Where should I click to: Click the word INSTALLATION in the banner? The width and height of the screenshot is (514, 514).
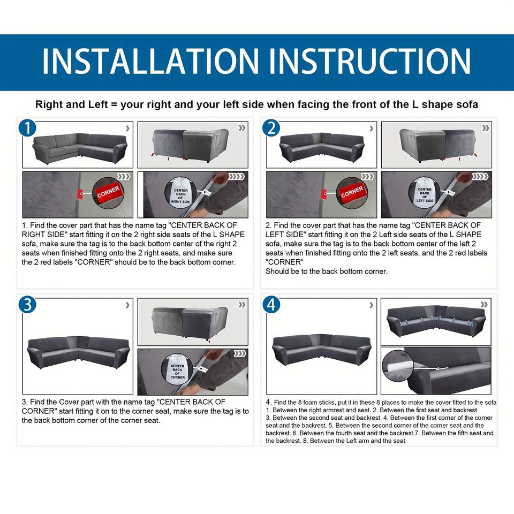(150, 61)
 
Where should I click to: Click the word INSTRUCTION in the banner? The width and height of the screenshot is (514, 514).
(369, 61)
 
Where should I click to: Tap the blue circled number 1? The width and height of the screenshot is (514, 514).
(27, 127)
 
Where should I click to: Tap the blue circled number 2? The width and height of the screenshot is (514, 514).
(271, 127)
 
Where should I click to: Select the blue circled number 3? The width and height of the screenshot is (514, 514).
(27, 304)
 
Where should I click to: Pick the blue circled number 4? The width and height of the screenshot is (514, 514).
(271, 304)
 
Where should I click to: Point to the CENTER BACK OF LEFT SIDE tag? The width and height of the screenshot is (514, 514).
(425, 193)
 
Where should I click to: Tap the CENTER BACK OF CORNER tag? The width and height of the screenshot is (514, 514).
(177, 369)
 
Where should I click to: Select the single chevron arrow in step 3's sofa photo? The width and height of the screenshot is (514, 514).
(127, 305)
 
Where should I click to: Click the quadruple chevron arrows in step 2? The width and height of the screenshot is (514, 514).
(479, 177)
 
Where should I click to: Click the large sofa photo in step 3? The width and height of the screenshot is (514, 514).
(78, 346)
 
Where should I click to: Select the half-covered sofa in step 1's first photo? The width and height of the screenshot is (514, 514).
(80, 148)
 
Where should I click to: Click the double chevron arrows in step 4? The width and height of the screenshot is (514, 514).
(484, 305)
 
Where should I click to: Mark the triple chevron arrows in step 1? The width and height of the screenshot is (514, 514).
(124, 177)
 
